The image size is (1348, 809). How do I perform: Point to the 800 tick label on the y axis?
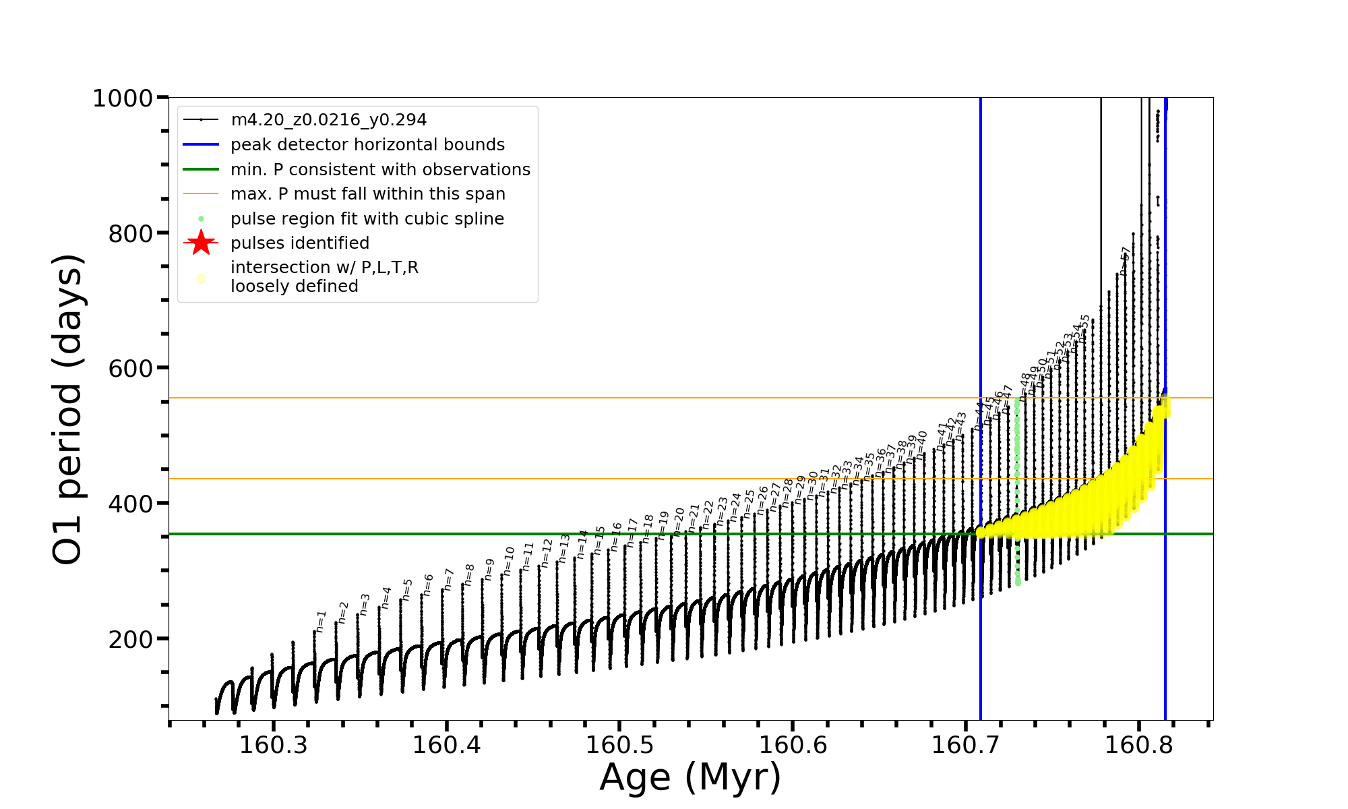click(130, 234)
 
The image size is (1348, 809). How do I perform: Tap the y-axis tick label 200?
click(130, 639)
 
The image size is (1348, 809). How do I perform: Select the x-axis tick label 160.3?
click(273, 745)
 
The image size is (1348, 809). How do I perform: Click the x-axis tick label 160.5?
click(619, 745)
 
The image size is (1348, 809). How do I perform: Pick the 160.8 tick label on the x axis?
click(1139, 745)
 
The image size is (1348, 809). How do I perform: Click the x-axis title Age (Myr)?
click(690, 777)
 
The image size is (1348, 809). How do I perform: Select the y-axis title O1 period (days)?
click(67, 409)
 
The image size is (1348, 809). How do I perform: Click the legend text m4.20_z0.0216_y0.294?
click(328, 120)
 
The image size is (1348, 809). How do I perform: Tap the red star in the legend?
click(201, 243)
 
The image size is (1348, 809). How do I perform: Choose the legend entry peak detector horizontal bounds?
click(367, 145)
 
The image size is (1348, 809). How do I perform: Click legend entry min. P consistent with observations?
click(380, 170)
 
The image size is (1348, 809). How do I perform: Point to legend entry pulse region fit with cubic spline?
click(367, 219)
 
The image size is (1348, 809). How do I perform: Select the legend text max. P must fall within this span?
click(367, 194)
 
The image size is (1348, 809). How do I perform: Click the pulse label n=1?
click(321, 621)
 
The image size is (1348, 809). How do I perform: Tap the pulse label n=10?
click(509, 561)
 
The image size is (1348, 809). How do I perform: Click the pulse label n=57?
click(1124, 260)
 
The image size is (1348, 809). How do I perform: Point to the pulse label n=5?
click(407, 589)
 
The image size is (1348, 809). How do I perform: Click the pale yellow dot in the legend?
click(201, 278)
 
